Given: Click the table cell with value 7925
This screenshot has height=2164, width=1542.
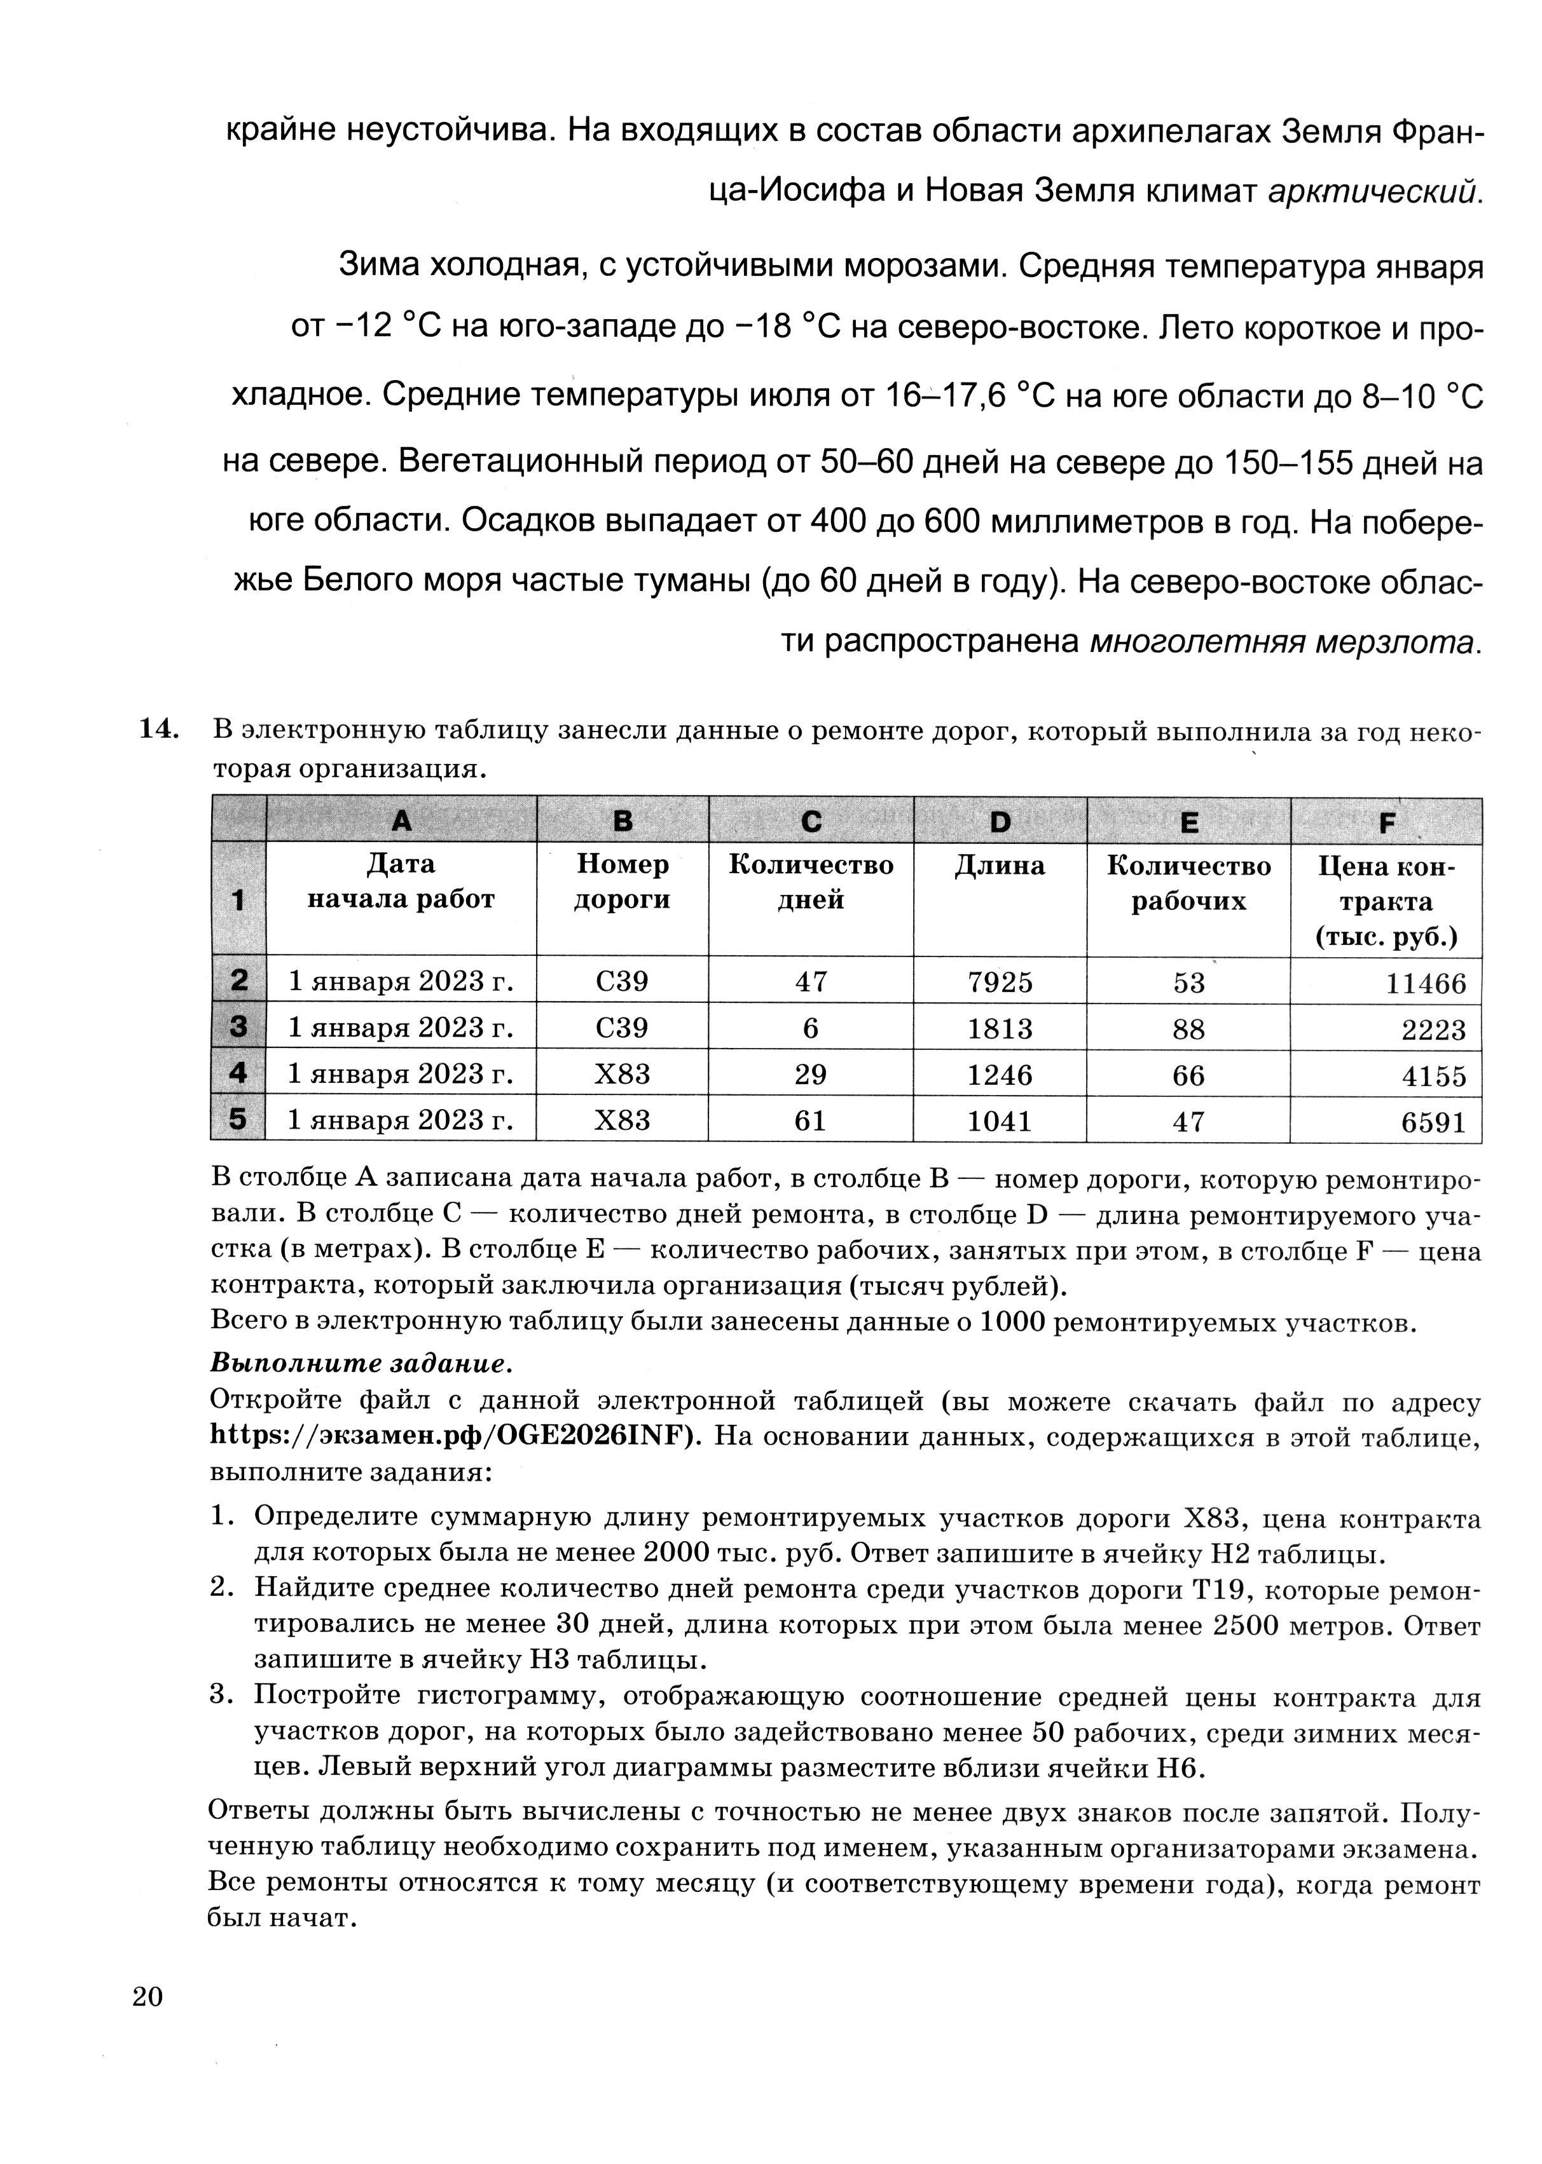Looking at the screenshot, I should coord(1000,981).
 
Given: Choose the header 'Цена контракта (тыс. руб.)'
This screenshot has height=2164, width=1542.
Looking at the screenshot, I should coord(1386,901).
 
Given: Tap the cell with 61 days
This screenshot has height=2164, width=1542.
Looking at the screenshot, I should coord(810,1121).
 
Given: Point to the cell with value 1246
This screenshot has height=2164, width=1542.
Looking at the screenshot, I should coord(1000,1075).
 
